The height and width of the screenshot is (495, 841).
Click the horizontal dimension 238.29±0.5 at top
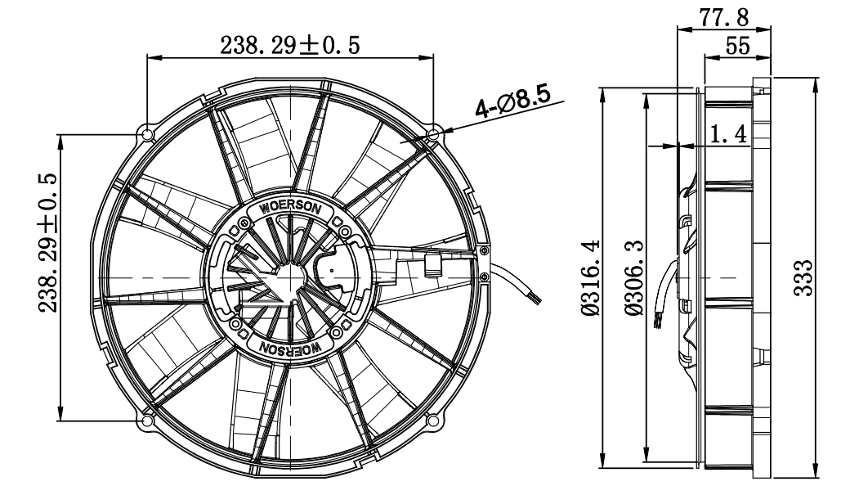pyautogui.click(x=289, y=45)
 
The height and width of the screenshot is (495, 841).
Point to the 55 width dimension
pyautogui.click(x=737, y=47)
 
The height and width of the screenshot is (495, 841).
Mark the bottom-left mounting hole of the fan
pyautogui.click(x=147, y=421)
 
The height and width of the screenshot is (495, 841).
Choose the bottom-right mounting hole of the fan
pyautogui.click(x=433, y=421)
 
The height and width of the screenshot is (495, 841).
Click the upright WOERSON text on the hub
pyautogui.click(x=290, y=207)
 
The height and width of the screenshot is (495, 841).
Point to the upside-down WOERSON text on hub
pyautogui.click(x=290, y=349)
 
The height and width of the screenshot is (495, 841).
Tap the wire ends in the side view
pyautogui.click(x=659, y=319)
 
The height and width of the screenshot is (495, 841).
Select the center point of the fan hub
pyautogui.click(x=290, y=277)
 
